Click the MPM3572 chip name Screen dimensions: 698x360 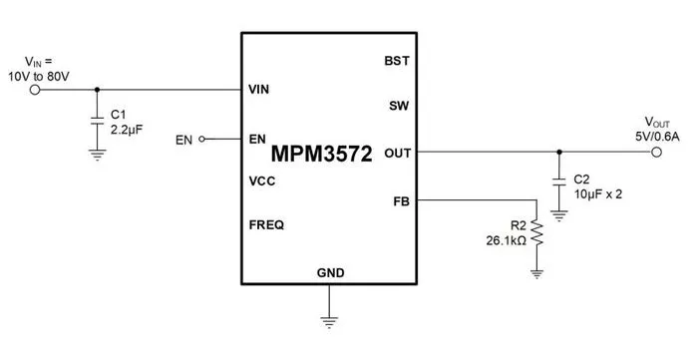321,154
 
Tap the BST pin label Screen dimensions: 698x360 397,61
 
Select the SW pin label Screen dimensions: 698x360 399,106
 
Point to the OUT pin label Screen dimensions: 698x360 398,154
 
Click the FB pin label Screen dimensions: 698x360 401,201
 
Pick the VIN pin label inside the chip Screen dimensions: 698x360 258,90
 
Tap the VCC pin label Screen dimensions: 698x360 261,181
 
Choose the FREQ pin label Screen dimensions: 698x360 266,225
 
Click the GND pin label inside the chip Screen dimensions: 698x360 330,272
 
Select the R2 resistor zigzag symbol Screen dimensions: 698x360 536,232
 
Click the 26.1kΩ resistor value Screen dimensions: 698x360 507,240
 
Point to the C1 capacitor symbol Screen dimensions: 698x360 97,121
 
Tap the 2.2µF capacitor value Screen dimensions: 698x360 127,130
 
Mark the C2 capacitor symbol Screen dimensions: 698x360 559,181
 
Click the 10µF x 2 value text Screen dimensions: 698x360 598,194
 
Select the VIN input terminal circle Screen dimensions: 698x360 35,90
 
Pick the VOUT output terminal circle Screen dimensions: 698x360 656,153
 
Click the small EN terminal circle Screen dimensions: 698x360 201,140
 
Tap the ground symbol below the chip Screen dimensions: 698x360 329,322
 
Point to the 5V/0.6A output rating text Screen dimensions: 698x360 657,137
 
